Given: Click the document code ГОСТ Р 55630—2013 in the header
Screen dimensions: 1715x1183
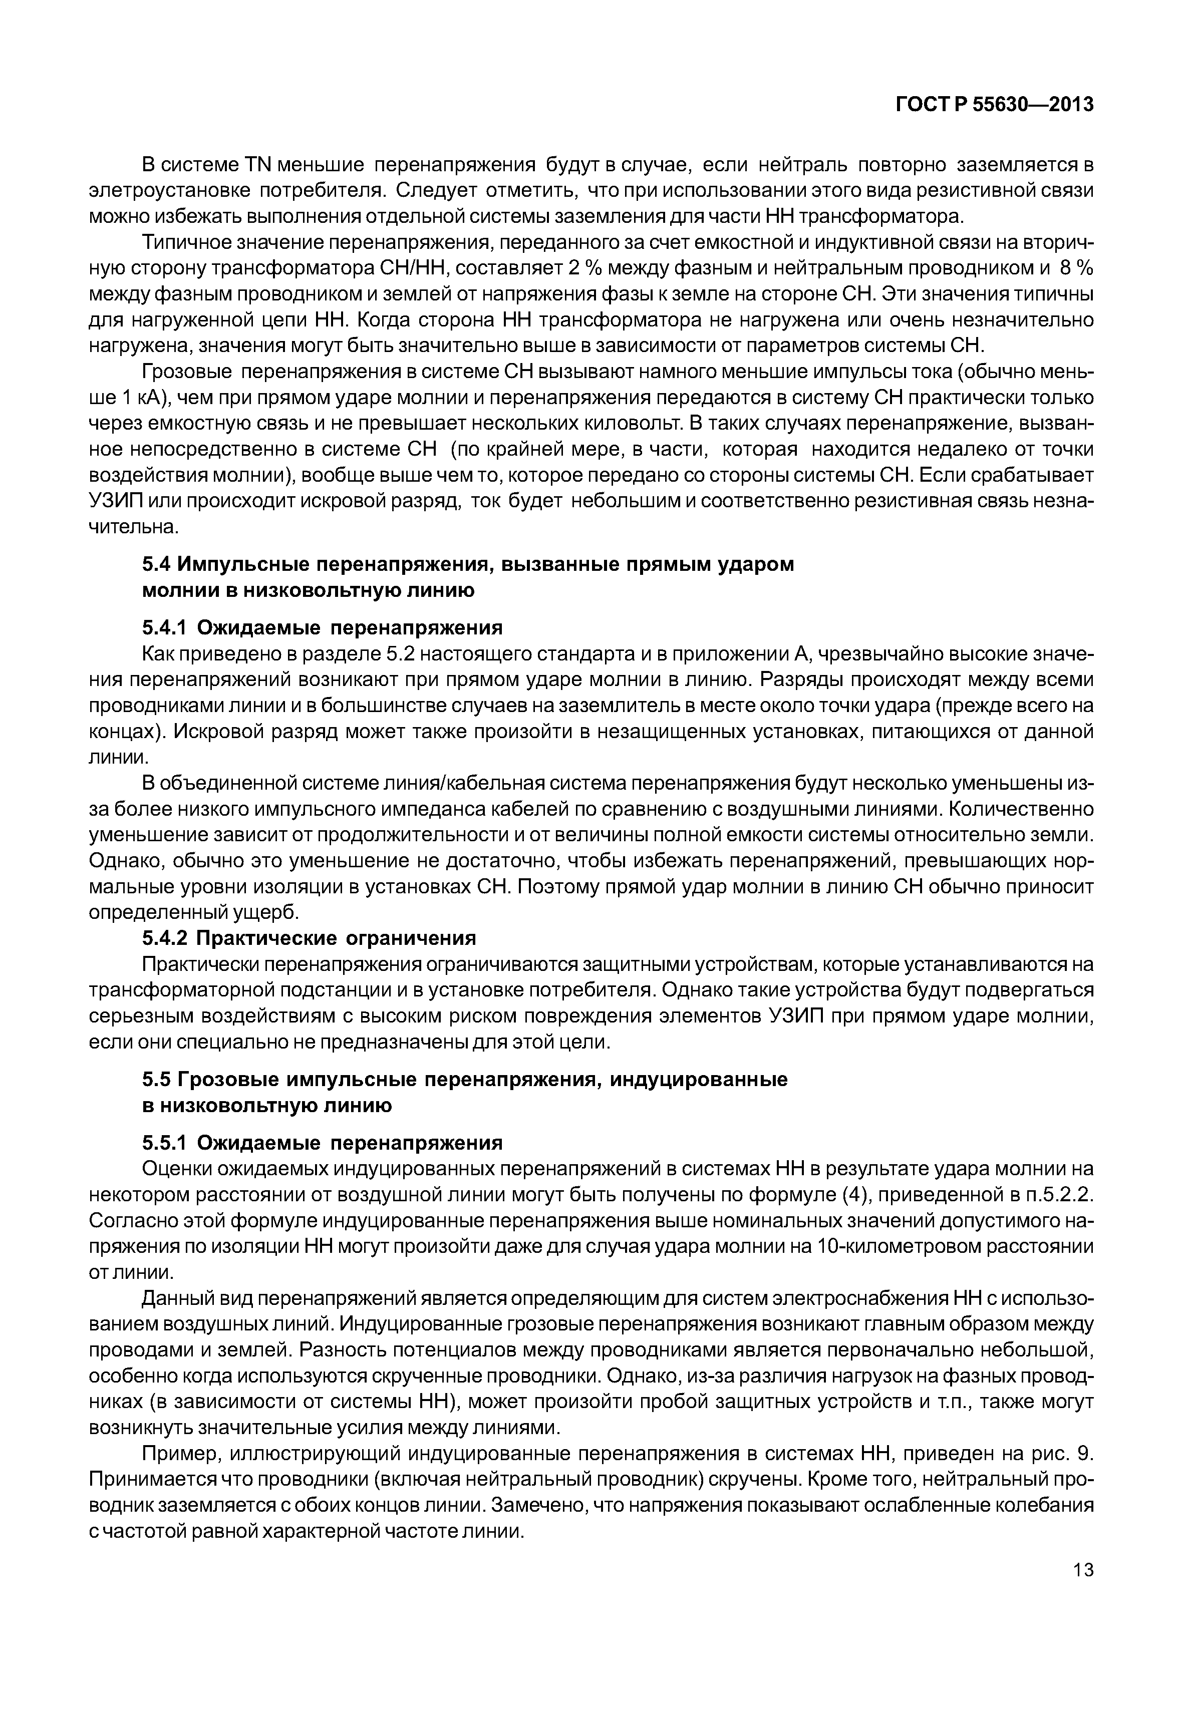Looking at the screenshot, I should [x=994, y=105].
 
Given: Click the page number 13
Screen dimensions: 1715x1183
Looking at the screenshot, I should [x=1082, y=1591].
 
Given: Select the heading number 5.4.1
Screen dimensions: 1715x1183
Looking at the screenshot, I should [x=165, y=628].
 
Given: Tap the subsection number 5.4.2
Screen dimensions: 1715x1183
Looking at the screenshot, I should [x=165, y=938].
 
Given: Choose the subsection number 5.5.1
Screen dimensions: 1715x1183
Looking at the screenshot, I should [x=165, y=1143].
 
